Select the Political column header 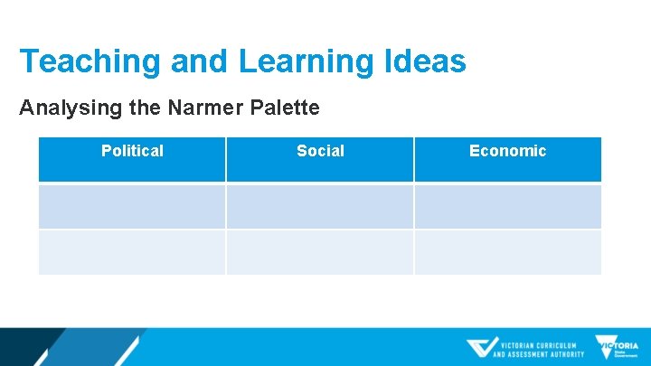tap(132, 151)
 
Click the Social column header tap(320, 151)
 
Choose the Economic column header tap(507, 151)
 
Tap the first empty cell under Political tap(132, 207)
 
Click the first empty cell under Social tap(320, 207)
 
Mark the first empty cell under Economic tap(507, 207)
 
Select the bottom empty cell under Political tap(132, 252)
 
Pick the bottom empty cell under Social tap(320, 252)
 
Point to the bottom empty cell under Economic tap(507, 252)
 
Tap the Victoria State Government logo tap(617, 348)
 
